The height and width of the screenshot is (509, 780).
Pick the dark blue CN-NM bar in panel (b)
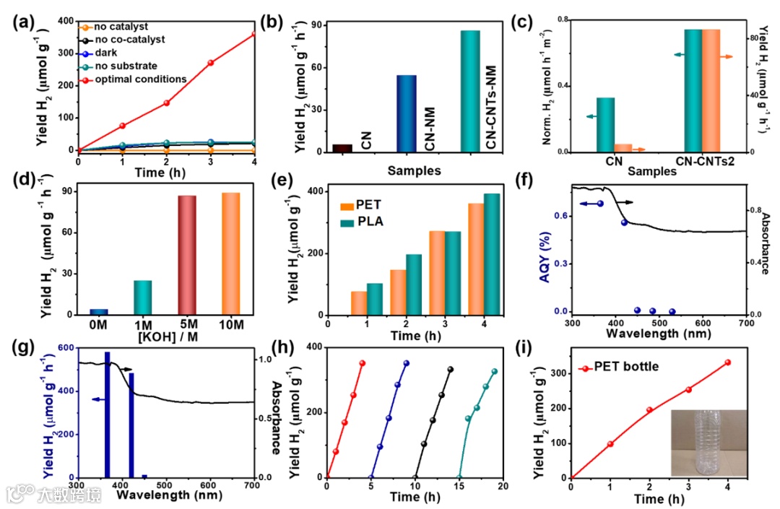pos(407,114)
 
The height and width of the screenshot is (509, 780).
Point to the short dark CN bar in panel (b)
pos(342,148)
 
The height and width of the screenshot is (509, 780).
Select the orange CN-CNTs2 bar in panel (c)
pos(711,90)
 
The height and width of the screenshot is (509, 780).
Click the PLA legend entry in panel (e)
pos(373,221)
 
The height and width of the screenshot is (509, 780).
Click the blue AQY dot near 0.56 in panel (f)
pos(624,222)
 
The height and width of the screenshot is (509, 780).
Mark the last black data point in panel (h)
pos(451,370)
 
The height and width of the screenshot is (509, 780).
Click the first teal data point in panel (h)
pos(467,419)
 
